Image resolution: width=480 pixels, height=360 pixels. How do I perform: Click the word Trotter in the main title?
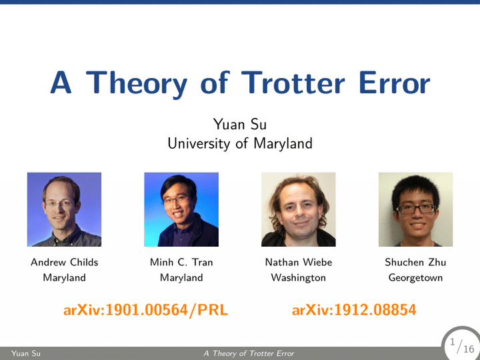click(293, 83)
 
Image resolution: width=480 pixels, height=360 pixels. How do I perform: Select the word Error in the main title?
click(395, 83)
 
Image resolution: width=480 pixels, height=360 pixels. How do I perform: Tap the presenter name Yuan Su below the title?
click(240, 124)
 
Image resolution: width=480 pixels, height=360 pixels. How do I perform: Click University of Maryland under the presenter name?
click(240, 143)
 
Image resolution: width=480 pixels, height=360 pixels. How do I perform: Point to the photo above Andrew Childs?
click(64, 209)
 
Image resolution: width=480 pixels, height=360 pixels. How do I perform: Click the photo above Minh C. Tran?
click(181, 209)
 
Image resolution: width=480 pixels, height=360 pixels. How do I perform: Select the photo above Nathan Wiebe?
click(299, 209)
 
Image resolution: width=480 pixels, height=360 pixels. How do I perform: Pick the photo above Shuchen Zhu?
click(415, 209)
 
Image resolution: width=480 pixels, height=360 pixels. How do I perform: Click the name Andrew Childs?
click(64, 262)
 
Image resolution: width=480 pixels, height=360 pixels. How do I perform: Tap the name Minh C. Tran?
click(181, 262)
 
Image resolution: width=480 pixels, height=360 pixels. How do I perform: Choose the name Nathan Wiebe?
click(299, 262)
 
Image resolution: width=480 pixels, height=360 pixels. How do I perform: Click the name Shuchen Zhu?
click(415, 262)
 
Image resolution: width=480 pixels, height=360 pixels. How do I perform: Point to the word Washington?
click(299, 277)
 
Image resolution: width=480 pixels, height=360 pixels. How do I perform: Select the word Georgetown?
click(415, 277)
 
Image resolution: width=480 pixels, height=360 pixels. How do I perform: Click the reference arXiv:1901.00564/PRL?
click(146, 310)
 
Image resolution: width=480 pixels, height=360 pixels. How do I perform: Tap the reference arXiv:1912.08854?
click(354, 310)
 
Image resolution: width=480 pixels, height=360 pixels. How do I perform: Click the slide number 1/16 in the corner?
click(462, 345)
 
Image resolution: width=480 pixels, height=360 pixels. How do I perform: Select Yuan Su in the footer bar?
click(26, 353)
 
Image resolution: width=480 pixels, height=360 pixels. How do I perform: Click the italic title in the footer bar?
click(249, 353)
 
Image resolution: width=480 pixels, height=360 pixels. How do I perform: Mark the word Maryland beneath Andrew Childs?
click(64, 277)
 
